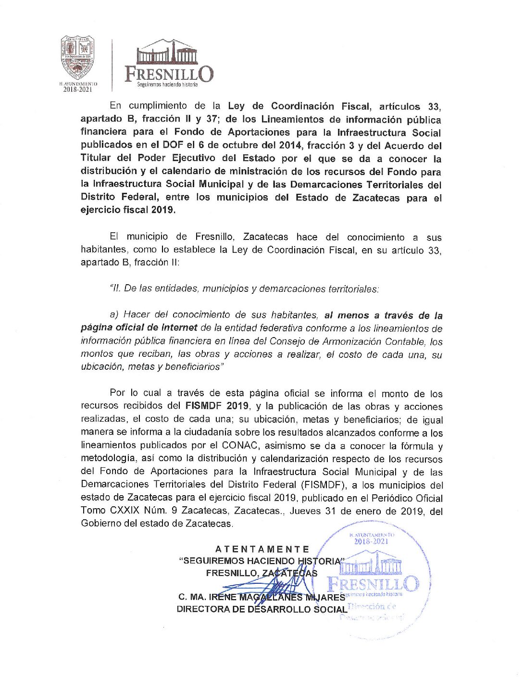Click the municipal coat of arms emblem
tap(77, 57)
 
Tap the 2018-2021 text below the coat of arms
tap(77, 89)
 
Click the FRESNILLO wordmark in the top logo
tap(169, 74)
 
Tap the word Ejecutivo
tap(193, 158)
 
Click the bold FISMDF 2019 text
tap(217, 406)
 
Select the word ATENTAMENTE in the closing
tap(262, 549)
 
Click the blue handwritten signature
tap(269, 589)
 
